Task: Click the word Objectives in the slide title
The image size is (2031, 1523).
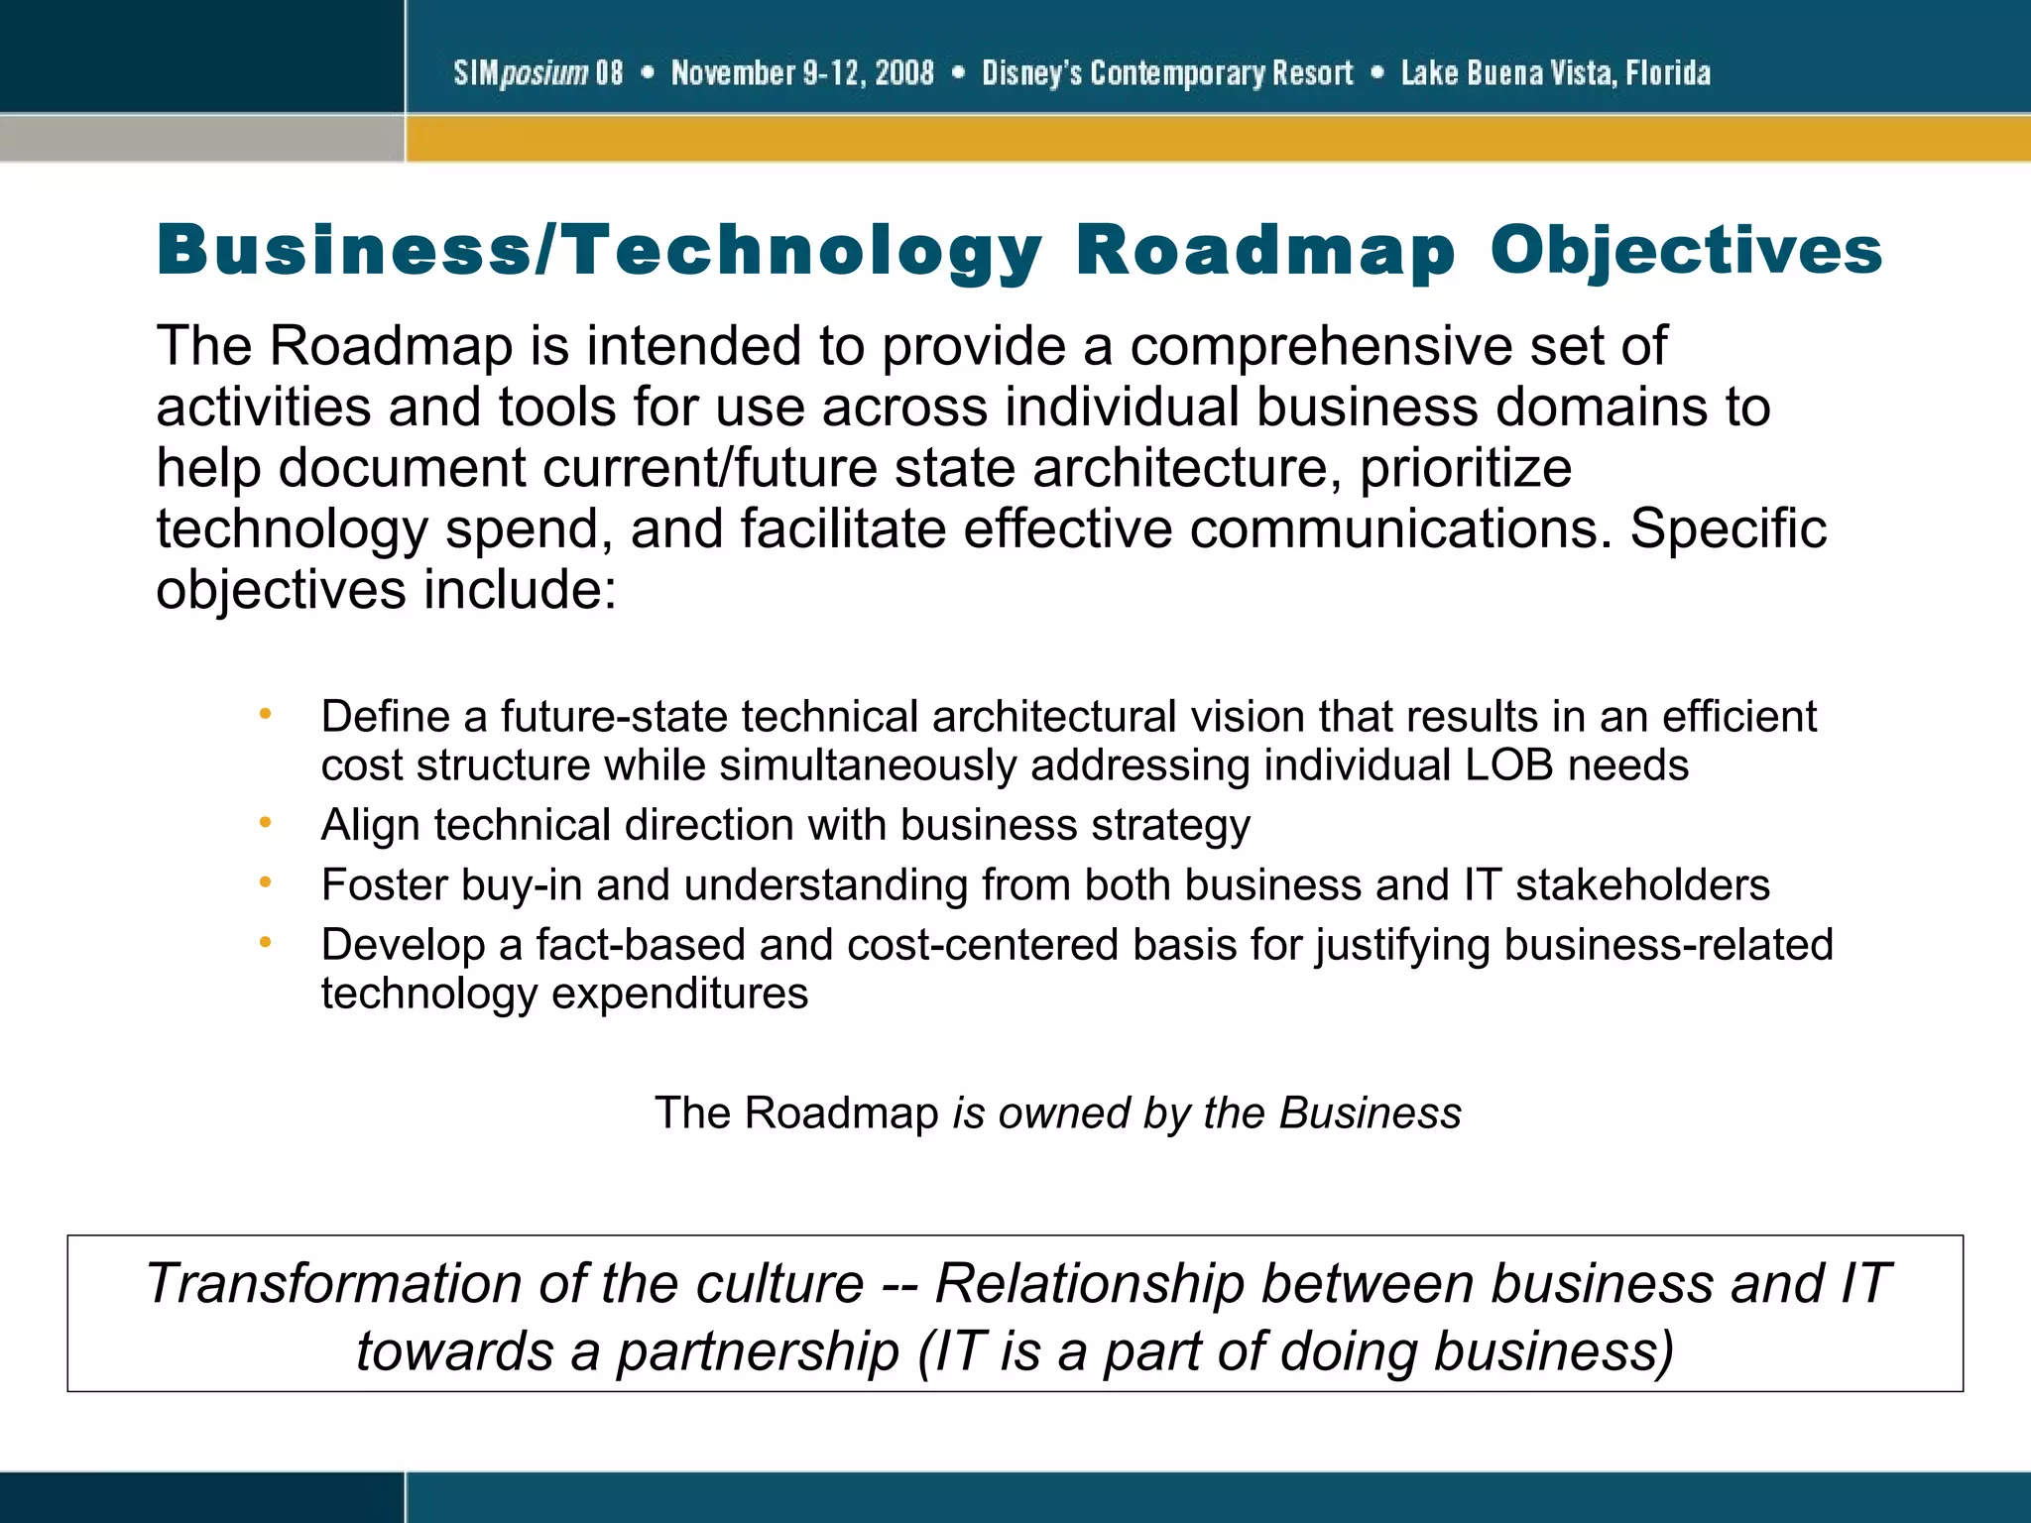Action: (1686, 250)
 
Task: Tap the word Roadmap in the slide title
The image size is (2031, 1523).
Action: (1265, 250)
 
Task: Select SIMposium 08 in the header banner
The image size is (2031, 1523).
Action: (538, 72)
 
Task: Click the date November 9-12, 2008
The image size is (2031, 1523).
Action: (802, 72)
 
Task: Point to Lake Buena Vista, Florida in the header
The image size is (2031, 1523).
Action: (1555, 72)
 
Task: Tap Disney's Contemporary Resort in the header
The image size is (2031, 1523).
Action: (1167, 72)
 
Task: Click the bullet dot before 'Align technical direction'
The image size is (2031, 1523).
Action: (265, 822)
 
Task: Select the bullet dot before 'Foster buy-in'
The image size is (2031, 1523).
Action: (265, 881)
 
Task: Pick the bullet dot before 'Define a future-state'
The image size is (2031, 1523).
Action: (265, 713)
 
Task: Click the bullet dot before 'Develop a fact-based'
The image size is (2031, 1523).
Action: (265, 942)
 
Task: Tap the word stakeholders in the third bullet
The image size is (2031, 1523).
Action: (1642, 884)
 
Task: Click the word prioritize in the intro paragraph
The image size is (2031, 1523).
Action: (1465, 468)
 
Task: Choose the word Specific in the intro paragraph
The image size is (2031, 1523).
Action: (1728, 528)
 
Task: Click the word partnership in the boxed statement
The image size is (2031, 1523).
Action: (758, 1351)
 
